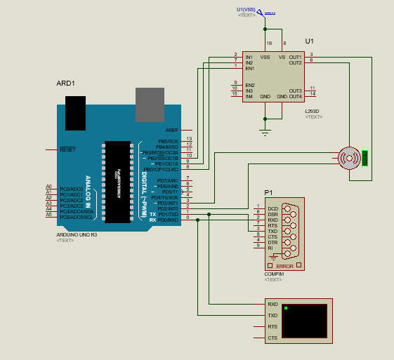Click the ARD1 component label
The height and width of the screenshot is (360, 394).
[65, 84]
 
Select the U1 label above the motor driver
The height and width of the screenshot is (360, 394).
[310, 42]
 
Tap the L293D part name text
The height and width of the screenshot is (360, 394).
[313, 111]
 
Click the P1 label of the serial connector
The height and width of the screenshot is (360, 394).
[268, 192]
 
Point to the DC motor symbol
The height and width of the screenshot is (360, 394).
[348, 159]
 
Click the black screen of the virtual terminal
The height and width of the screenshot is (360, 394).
[304, 321]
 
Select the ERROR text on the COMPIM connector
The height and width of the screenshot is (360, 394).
[284, 266]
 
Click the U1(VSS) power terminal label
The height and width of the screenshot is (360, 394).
[246, 9]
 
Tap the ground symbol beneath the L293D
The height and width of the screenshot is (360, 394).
[265, 130]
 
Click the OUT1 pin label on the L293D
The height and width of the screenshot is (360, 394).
[295, 57]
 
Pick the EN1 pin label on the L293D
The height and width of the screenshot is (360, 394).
[249, 68]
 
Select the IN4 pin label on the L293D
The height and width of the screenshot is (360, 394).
[249, 96]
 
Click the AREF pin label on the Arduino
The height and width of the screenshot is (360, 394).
[171, 130]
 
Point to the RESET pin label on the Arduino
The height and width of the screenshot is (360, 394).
[67, 149]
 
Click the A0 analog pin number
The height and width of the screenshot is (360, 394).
[48, 187]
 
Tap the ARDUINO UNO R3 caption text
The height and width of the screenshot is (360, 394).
[76, 234]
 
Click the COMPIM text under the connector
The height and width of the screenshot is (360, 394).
[272, 274]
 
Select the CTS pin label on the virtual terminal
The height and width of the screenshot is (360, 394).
[272, 338]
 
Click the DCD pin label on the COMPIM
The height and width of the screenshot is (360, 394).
[272, 208]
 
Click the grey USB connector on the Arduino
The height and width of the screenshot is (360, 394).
[150, 104]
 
